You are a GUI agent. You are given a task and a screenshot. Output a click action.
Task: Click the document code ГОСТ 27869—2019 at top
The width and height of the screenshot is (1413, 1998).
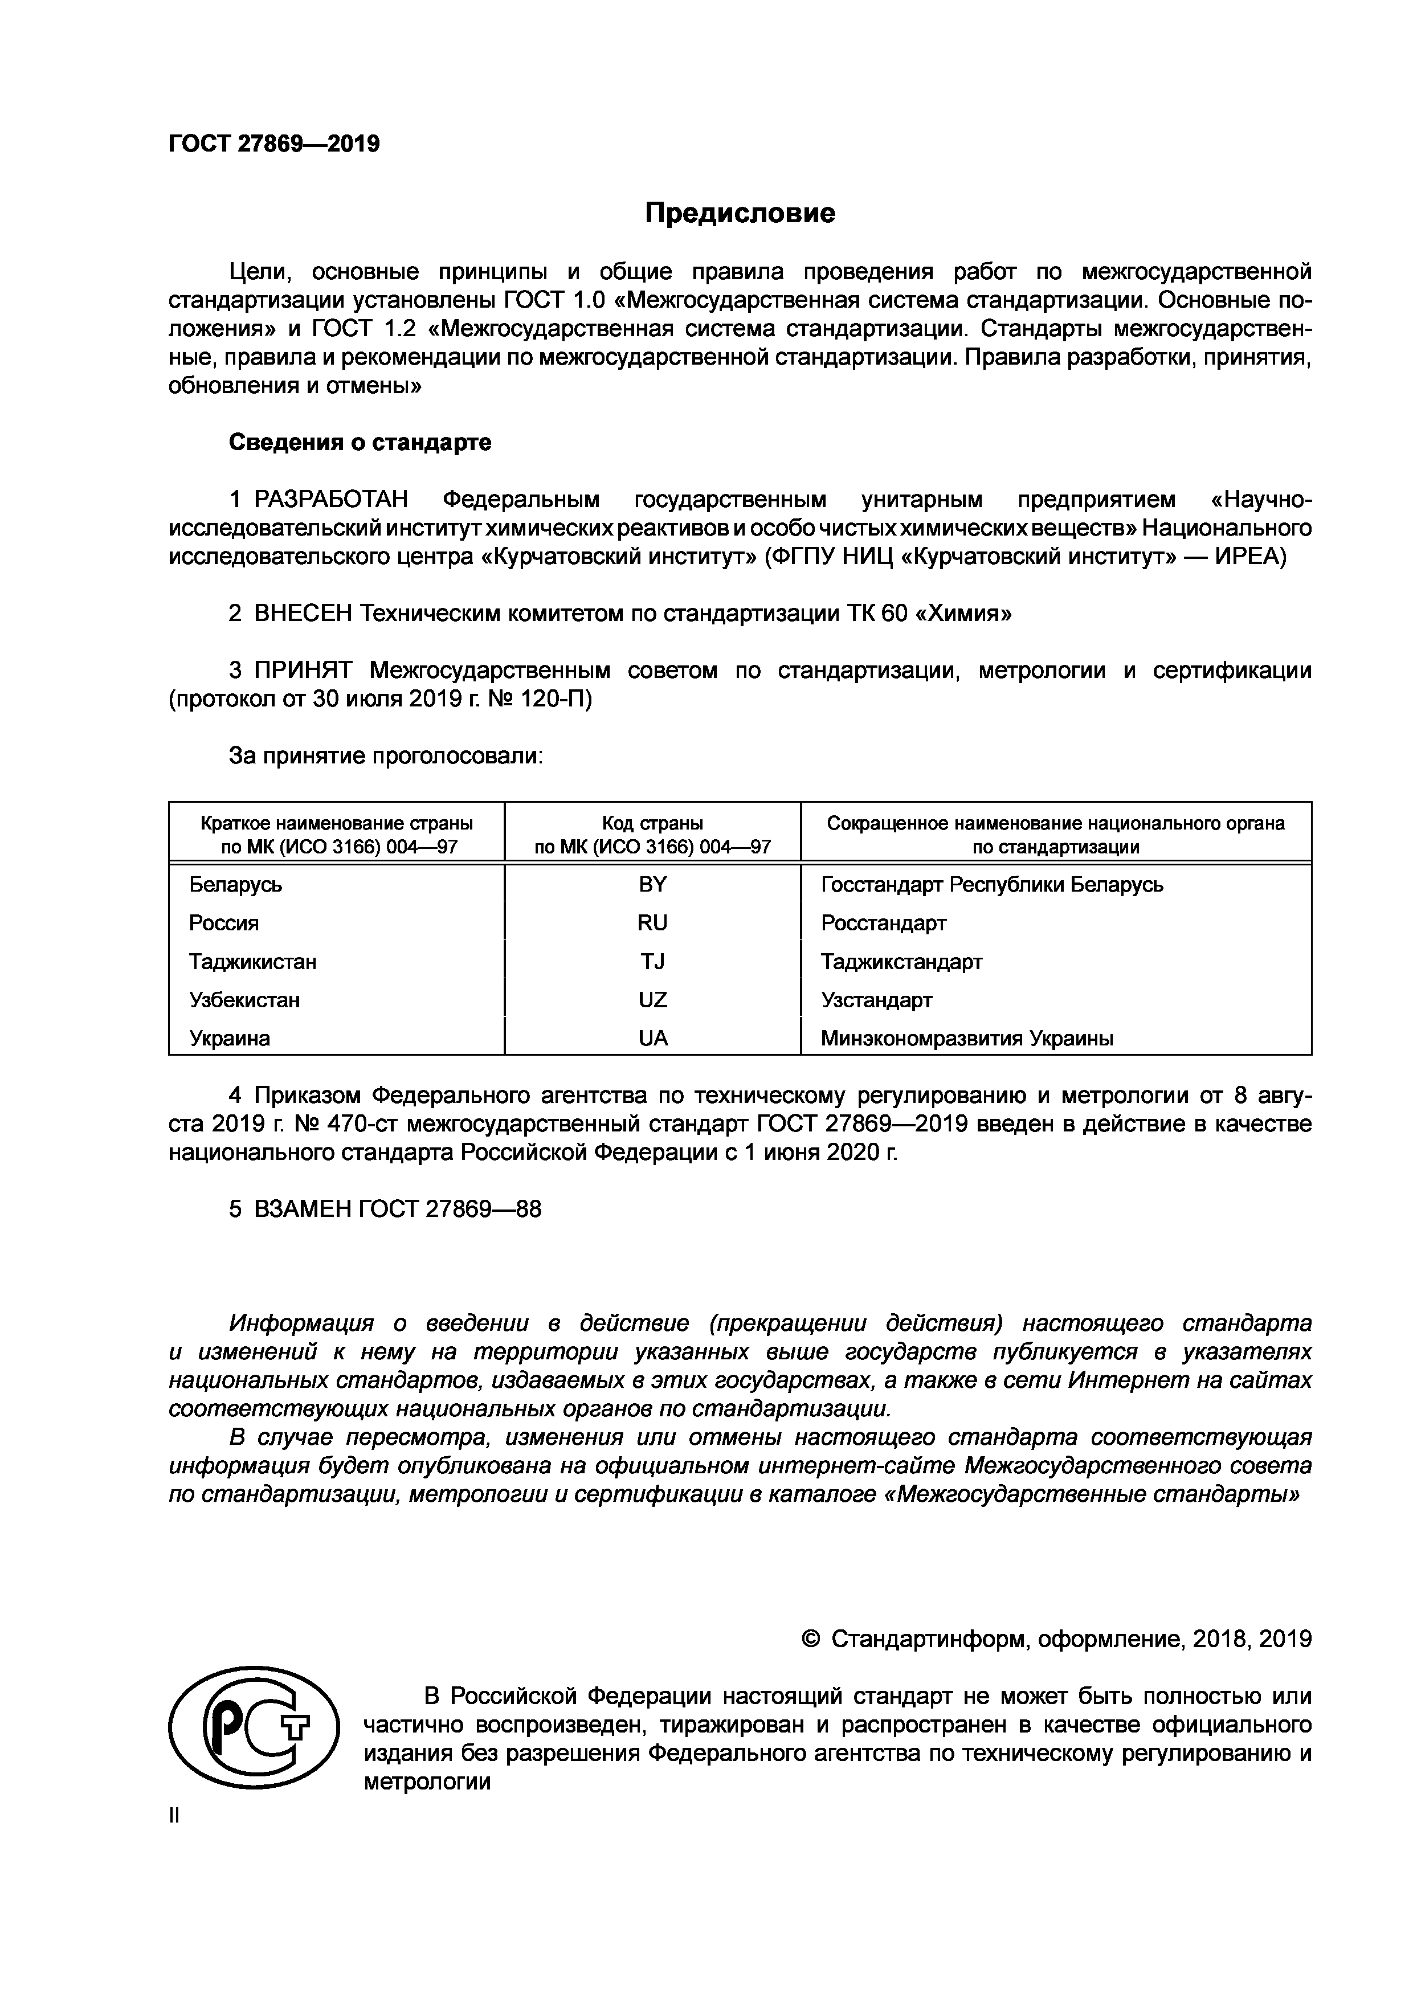[x=274, y=144]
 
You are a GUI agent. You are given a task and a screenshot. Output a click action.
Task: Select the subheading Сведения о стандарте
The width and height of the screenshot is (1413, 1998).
[x=360, y=442]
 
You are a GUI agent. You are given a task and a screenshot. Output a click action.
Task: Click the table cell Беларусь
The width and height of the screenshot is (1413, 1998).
[x=236, y=885]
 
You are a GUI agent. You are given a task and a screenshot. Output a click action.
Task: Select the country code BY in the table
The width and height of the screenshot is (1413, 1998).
[x=652, y=885]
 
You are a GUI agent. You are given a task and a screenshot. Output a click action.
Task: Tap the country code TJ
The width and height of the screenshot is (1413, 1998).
[x=652, y=962]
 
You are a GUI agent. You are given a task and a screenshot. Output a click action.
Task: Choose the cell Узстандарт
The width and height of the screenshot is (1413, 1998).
[x=876, y=1000]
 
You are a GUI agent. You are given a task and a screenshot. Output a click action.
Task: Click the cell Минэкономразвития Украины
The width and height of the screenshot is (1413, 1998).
[x=967, y=1038]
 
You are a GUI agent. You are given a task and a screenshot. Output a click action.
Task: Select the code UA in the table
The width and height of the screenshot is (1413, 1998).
[x=652, y=1038]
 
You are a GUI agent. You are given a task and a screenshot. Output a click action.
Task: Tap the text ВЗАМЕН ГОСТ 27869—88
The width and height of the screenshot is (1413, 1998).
[x=397, y=1209]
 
